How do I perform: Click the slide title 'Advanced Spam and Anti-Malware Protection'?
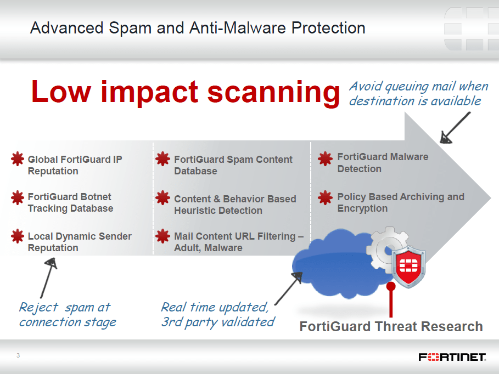click(198, 28)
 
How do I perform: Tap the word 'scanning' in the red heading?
click(274, 92)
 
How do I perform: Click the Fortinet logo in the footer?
click(452, 357)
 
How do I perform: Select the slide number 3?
click(18, 355)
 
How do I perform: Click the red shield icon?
click(408, 267)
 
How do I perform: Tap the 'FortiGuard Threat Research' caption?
click(391, 327)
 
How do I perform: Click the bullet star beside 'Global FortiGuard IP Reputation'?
click(18, 158)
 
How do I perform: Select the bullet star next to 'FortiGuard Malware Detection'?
click(325, 158)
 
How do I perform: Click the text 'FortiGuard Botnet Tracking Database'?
click(70, 202)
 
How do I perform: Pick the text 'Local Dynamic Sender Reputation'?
click(80, 242)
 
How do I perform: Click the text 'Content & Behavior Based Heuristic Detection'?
click(235, 205)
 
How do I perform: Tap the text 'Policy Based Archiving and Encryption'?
click(401, 202)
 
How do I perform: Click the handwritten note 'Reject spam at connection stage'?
click(68, 315)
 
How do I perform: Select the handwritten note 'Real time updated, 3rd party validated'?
click(218, 315)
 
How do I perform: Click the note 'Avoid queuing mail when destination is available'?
click(418, 93)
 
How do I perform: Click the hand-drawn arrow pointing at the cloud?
click(288, 288)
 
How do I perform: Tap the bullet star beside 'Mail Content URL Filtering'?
click(162, 236)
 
